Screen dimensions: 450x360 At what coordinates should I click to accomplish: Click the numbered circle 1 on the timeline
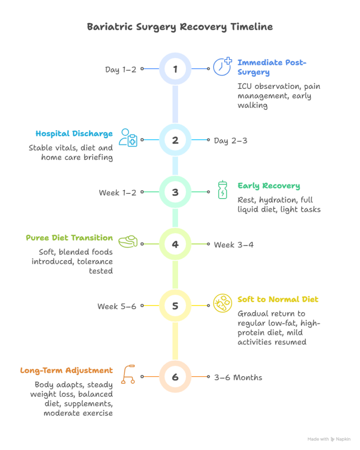[175, 69]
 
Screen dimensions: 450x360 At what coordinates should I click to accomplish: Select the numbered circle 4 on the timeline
[175, 244]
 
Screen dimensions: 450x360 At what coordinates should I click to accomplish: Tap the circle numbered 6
[175, 377]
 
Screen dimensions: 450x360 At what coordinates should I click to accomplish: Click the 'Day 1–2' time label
[120, 69]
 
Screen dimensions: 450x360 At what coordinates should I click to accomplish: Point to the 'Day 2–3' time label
[230, 141]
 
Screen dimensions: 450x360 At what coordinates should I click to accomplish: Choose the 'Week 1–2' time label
[117, 192]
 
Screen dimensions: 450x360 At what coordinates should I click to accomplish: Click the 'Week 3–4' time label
[233, 245]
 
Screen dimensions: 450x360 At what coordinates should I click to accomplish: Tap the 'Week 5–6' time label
[116, 306]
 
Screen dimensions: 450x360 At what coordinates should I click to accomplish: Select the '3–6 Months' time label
[238, 377]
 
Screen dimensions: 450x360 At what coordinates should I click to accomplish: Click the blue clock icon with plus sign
[222, 66]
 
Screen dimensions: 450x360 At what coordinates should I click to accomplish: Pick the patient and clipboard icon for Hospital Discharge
[128, 138]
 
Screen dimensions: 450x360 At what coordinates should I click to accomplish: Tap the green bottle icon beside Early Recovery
[223, 189]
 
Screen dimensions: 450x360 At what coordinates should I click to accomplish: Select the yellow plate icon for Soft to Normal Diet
[222, 303]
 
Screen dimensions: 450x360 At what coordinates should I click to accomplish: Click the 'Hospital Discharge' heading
[74, 134]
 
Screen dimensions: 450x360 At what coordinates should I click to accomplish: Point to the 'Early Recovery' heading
[269, 185]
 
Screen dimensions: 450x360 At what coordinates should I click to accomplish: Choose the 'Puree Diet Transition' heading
[69, 238]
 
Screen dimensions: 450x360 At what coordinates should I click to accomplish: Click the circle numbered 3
[175, 192]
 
